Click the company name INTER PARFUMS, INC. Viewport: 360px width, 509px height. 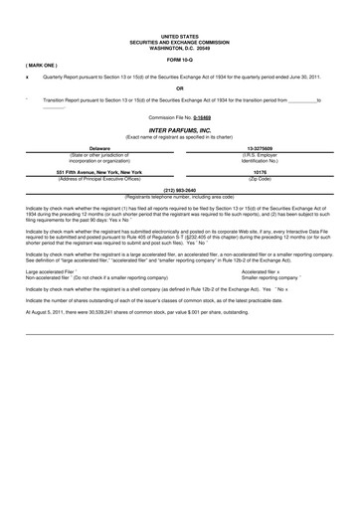click(x=180, y=130)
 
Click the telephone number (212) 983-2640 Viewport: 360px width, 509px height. click(x=180, y=188)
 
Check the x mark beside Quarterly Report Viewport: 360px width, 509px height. click(x=27, y=76)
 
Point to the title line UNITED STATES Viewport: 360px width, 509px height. click(x=180, y=36)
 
